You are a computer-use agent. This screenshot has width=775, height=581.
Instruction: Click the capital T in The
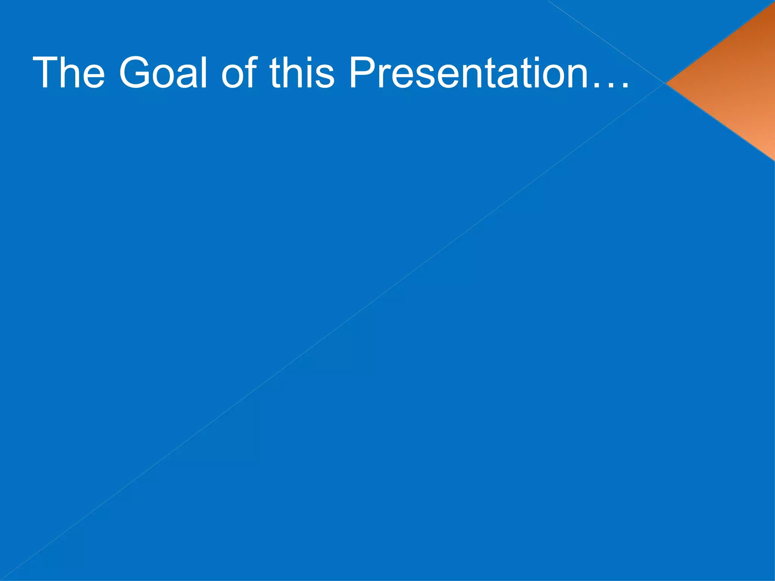coord(45,73)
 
